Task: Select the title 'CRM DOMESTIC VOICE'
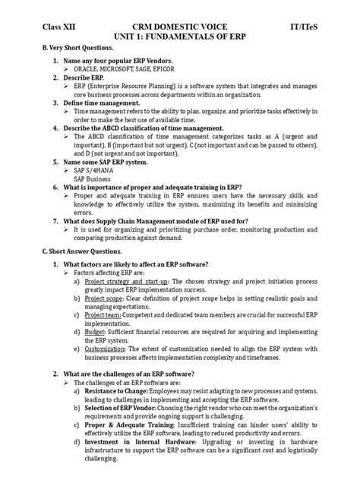point(181,25)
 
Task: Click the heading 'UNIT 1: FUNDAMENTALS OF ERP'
point(181,36)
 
